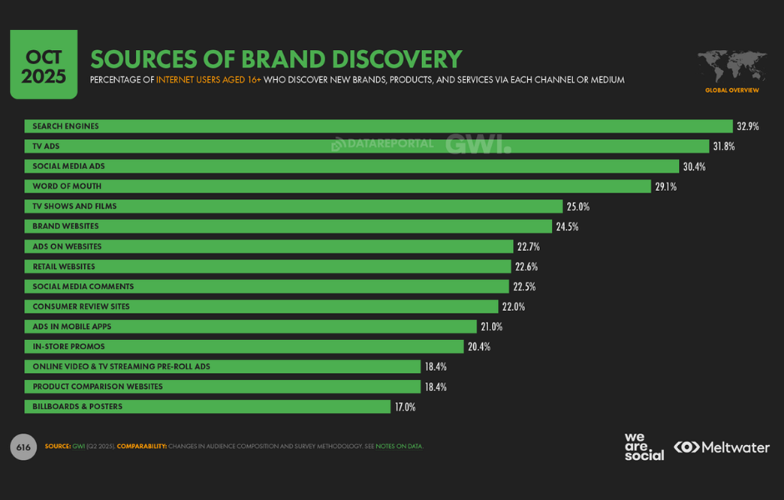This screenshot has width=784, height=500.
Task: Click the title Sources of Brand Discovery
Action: pyautogui.click(x=275, y=59)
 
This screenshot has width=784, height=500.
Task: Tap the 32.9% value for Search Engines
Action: pyautogui.click(x=746, y=127)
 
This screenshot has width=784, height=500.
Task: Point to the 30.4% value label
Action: pyautogui.click(x=694, y=167)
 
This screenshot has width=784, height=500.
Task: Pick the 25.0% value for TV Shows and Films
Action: pyautogui.click(x=578, y=207)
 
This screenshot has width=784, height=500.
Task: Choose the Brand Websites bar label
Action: pyautogui.click(x=66, y=227)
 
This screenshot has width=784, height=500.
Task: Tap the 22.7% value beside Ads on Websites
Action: pyautogui.click(x=528, y=247)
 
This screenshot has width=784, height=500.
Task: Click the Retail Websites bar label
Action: pyautogui.click(x=64, y=267)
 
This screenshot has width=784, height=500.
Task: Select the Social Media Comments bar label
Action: pyautogui.click(x=83, y=287)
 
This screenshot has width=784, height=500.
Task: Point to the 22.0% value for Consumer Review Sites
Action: pyautogui.click(x=525, y=307)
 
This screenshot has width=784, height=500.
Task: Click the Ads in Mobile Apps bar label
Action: pyautogui.click(x=72, y=327)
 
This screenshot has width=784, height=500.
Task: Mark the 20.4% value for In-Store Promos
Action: pyautogui.click(x=478, y=347)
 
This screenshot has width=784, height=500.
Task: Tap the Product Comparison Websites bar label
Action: pyautogui.click(x=98, y=387)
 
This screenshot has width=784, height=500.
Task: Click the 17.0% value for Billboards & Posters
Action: pyautogui.click(x=405, y=407)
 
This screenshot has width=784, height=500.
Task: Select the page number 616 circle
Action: pyautogui.click(x=23, y=447)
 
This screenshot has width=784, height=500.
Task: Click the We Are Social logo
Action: pyautogui.click(x=644, y=447)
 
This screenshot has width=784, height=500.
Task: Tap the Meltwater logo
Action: pyautogui.click(x=722, y=447)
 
